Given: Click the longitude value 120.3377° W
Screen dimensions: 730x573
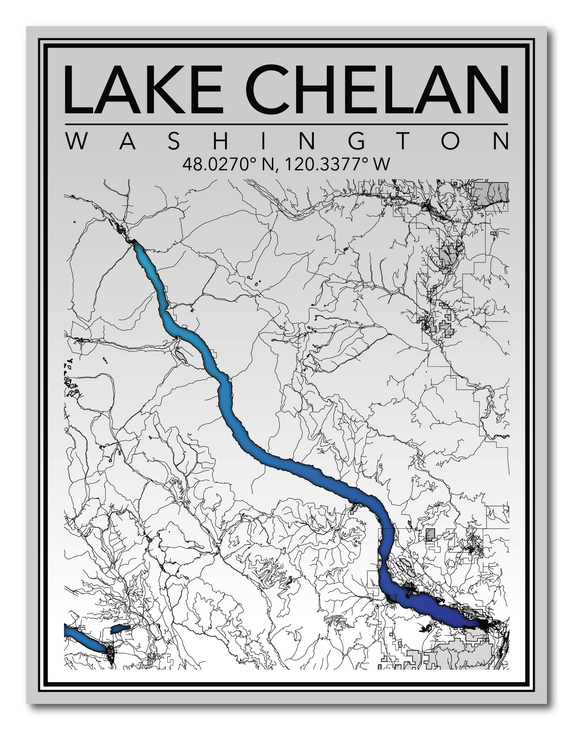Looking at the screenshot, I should click(336, 164).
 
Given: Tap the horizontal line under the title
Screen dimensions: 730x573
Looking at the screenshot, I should click(286, 124).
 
